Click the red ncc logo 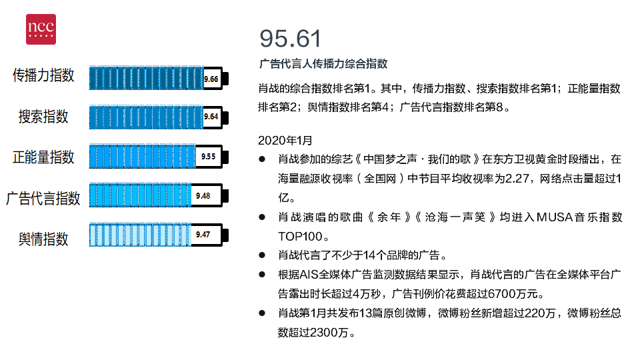41,29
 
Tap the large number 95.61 290,39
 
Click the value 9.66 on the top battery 211,79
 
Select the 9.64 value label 211,117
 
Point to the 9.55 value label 208,157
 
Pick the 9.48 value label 203,196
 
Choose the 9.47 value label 203,235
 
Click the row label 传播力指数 43,75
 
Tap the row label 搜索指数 43,117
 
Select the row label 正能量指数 43,157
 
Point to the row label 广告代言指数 43,199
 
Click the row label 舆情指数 43,239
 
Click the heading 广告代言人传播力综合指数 323,64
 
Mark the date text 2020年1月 285,141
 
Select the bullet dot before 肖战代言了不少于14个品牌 262,255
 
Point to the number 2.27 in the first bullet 517,179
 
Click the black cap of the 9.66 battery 225,79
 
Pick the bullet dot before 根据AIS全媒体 262,275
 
